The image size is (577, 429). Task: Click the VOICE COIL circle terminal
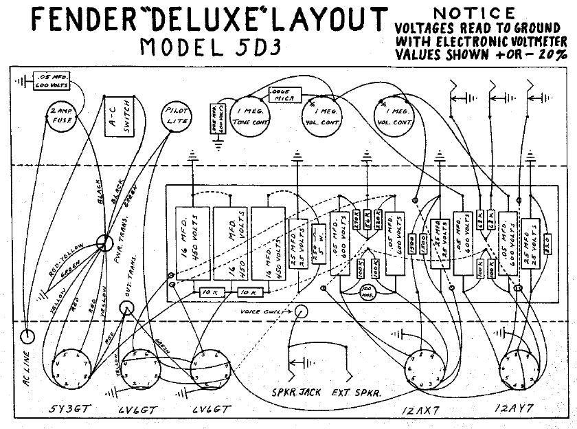(x=302, y=312)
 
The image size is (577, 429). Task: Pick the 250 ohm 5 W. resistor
(x=318, y=241)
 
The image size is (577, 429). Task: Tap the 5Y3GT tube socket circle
(x=70, y=367)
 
